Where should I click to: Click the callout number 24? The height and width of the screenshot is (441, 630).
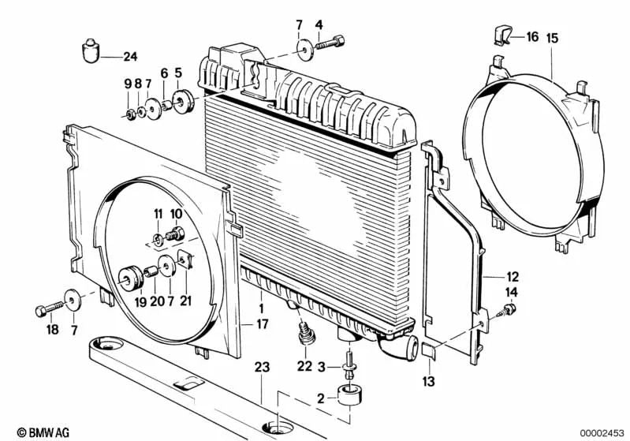click(129, 55)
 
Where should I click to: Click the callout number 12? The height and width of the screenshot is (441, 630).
click(513, 277)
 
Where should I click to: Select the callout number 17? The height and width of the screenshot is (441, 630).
click(262, 323)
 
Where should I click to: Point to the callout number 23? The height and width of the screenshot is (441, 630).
click(262, 365)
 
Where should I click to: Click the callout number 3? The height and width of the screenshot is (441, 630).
click(321, 367)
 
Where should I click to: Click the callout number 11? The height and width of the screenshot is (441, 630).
click(158, 214)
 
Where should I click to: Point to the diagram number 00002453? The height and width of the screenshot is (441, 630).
click(602, 432)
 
